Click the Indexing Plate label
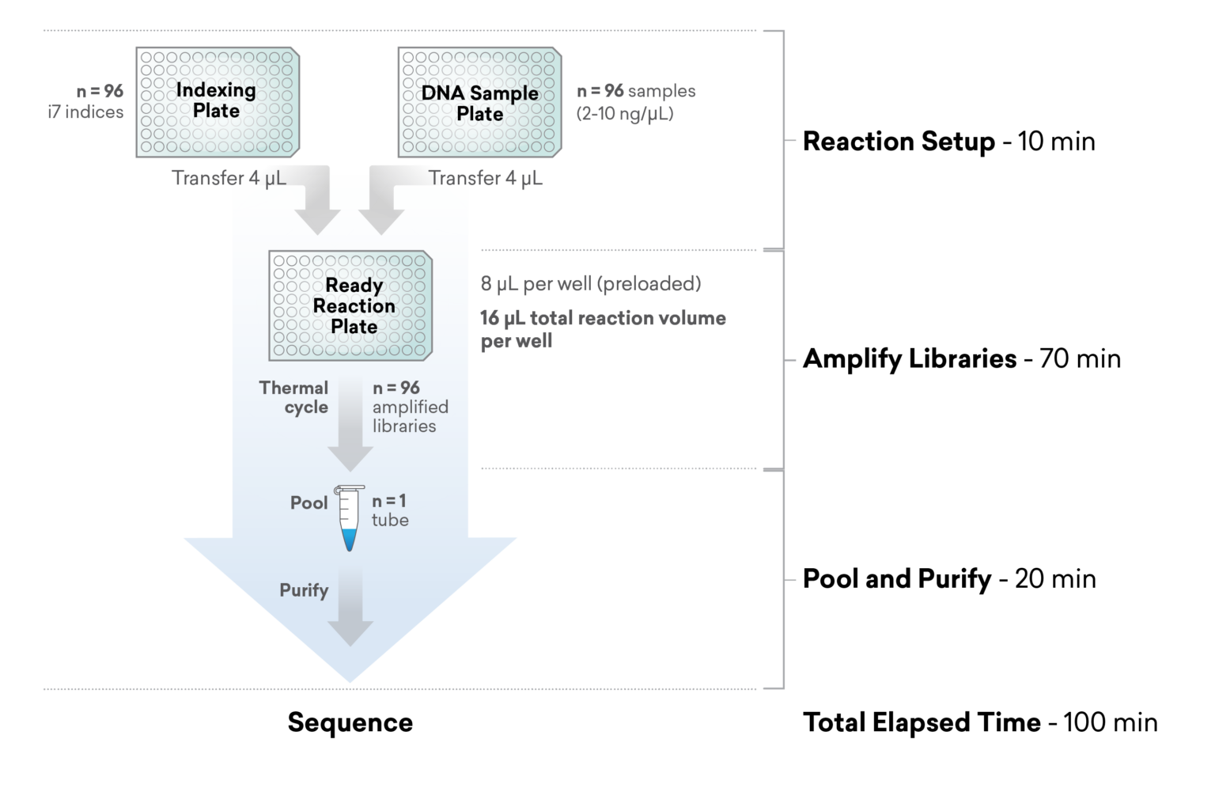pyautogui.click(x=216, y=100)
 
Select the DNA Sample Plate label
pyautogui.click(x=479, y=104)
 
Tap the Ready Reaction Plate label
pyautogui.click(x=354, y=305)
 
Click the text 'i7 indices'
pyautogui.click(x=85, y=112)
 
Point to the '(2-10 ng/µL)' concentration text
pyautogui.click(x=625, y=113)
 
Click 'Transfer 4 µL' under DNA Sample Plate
pyautogui.click(x=486, y=178)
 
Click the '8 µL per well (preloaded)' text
pyautogui.click(x=590, y=283)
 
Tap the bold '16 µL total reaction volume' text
pyautogui.click(x=602, y=318)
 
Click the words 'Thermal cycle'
pyautogui.click(x=295, y=397)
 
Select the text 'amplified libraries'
pyautogui.click(x=410, y=416)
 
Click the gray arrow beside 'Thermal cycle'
pyautogui.click(x=350, y=424)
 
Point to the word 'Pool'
pyautogui.click(x=308, y=503)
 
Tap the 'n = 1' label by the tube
pyautogui.click(x=388, y=501)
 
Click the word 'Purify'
pyautogui.click(x=304, y=590)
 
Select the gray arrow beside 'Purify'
pyautogui.click(x=350, y=606)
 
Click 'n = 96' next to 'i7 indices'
pyautogui.click(x=100, y=91)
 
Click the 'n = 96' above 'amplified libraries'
pyautogui.click(x=396, y=388)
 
